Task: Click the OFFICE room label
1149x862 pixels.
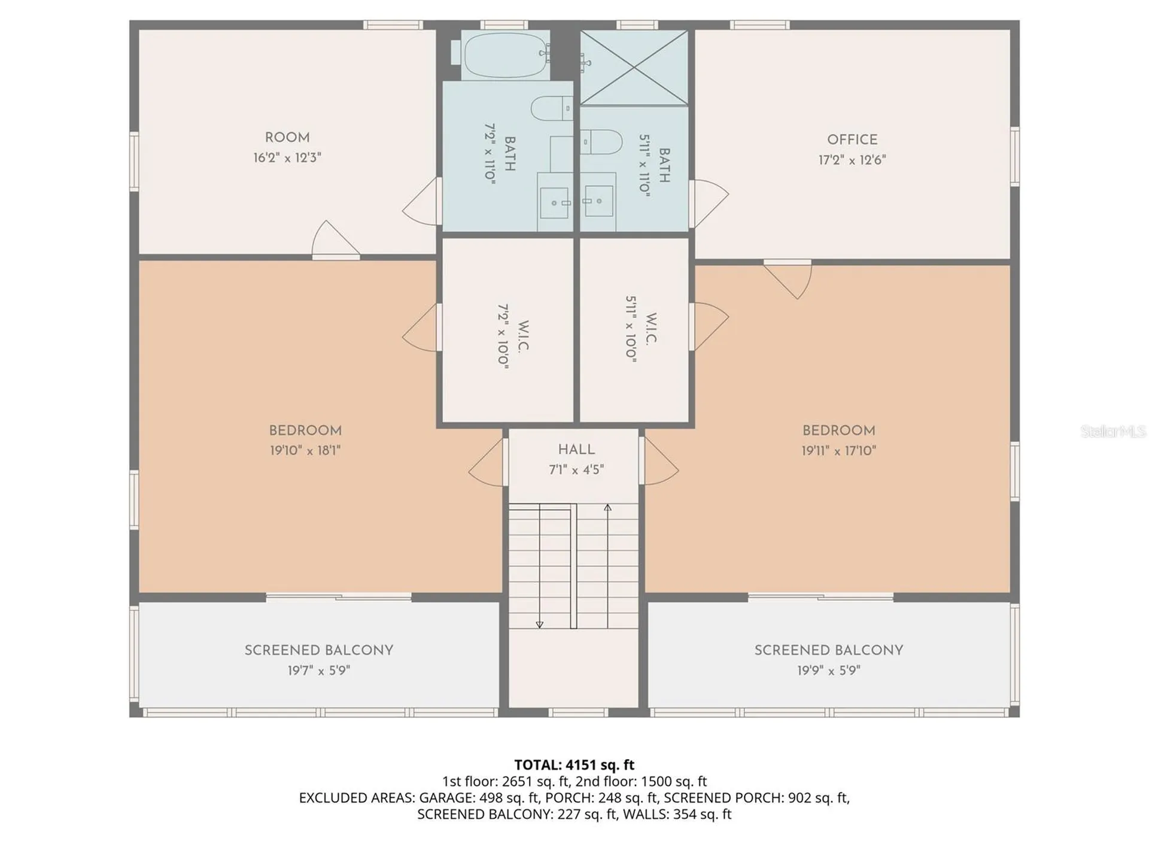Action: tap(852, 139)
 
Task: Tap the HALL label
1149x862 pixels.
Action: tap(576, 450)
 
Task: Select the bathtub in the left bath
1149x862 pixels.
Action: tap(506, 56)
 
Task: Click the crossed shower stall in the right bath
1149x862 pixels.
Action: tap(634, 68)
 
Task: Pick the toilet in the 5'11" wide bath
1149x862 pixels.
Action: tap(601, 142)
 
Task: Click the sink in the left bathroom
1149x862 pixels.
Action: tap(555, 202)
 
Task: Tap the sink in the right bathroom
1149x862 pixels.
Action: tap(598, 201)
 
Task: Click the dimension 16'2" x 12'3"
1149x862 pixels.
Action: tap(287, 158)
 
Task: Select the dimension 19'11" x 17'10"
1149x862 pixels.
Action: tap(838, 451)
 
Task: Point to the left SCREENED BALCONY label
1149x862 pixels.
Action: tap(319, 650)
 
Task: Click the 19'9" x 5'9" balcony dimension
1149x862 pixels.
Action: tap(828, 670)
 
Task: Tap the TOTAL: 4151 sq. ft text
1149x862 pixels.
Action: tap(574, 764)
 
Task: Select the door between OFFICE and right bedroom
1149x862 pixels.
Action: tap(788, 279)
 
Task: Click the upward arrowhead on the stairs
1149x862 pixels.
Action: tap(607, 508)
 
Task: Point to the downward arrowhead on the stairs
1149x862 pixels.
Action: tap(539, 624)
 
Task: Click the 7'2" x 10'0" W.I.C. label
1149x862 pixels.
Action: tap(512, 336)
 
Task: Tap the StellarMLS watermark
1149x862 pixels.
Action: tap(1113, 431)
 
